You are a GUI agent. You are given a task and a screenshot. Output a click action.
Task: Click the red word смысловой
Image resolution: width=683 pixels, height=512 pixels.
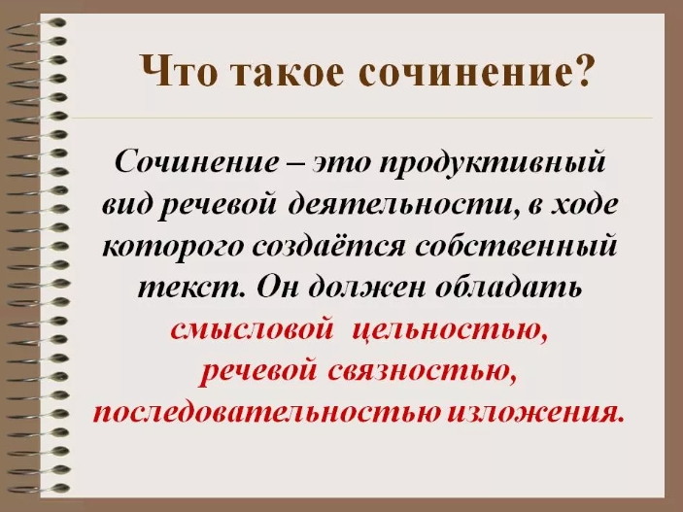[x=253, y=330]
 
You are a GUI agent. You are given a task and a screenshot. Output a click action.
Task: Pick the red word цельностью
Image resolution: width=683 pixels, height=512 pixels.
[x=449, y=330]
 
